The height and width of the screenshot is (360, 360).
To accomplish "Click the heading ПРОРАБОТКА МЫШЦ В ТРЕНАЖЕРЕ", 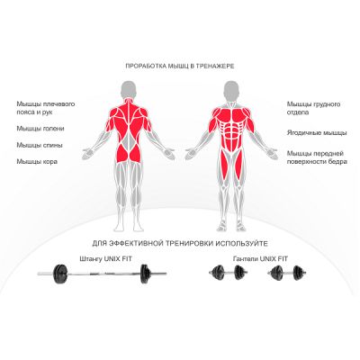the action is pos(180,67).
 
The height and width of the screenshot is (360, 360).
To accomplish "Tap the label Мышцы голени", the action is pos(40,129).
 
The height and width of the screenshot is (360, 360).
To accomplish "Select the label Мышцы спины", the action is pos(40,145).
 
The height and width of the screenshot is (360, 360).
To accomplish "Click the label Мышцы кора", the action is pos(37,162).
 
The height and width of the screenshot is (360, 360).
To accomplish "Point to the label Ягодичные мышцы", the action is pos(317,133).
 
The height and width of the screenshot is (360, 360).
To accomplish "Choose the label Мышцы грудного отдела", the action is pos(313,108).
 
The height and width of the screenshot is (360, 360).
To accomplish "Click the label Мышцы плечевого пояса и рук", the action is pos(46,108).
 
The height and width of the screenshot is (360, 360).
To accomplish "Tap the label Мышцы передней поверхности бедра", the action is pos(317,157).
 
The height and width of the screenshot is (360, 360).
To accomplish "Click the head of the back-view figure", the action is pos(129,89).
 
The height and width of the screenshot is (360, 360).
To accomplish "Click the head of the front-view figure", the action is pos(231,89).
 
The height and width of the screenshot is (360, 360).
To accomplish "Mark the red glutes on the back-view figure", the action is pos(129,154).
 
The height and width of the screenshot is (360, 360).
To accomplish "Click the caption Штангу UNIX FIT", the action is pos(105,258).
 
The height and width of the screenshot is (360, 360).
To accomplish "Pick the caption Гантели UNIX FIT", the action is pos(260,258).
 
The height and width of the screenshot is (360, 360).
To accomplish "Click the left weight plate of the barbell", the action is pos(60,274).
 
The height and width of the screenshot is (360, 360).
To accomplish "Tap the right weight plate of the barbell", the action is pos(145,274).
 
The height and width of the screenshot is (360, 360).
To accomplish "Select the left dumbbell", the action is pos(229,273).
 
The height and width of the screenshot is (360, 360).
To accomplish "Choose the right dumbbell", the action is pos(286,273).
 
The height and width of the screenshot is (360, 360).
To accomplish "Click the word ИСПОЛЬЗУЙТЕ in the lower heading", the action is pos(241,243).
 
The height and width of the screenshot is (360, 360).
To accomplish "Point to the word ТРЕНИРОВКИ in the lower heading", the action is pos(189,243).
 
